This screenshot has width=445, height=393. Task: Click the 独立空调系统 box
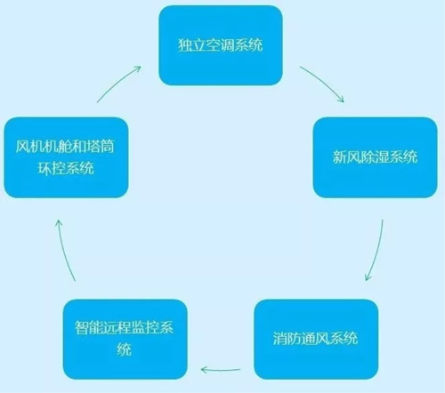coord(221,45)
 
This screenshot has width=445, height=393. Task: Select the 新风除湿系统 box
coord(375,157)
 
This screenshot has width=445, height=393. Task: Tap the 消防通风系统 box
coord(316,339)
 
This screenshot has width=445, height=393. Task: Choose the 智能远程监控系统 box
coord(125,339)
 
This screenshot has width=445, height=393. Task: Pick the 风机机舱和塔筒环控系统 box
coord(66,157)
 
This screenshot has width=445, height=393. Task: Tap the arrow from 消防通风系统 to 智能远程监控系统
coord(221,370)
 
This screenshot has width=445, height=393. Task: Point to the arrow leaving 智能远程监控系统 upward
coord(63,250)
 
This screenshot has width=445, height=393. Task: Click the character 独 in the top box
coord(185,45)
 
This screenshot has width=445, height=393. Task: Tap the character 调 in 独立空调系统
coord(227,45)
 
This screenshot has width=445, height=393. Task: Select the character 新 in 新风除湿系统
coord(340,157)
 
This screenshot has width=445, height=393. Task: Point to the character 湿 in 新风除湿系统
coord(382,157)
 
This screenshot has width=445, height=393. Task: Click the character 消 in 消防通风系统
coord(280,339)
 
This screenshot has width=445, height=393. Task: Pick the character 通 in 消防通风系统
coord(309,339)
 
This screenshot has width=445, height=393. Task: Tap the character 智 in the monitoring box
coord(82,327)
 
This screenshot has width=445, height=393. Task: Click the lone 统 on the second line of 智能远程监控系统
coord(125,349)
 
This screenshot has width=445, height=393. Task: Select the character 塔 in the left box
coord(93,147)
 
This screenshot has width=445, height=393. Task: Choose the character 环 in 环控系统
coord(44,168)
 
